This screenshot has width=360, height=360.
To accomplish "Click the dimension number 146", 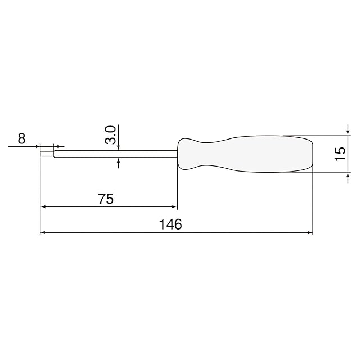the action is click(x=170, y=224).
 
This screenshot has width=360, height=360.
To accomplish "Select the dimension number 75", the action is click(x=106, y=199).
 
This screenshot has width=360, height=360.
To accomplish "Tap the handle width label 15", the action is click(x=340, y=154).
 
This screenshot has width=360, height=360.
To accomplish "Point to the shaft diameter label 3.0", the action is click(x=110, y=135).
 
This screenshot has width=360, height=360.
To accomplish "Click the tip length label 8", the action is click(x=21, y=139).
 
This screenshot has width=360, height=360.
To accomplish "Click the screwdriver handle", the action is click(x=245, y=154).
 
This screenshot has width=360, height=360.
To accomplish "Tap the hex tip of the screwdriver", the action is click(x=47, y=154).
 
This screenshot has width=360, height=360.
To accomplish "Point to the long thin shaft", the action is click(x=116, y=154).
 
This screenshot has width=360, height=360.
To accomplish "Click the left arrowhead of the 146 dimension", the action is click(x=43, y=232).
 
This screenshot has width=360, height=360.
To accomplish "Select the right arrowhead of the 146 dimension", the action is click(x=310, y=232).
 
